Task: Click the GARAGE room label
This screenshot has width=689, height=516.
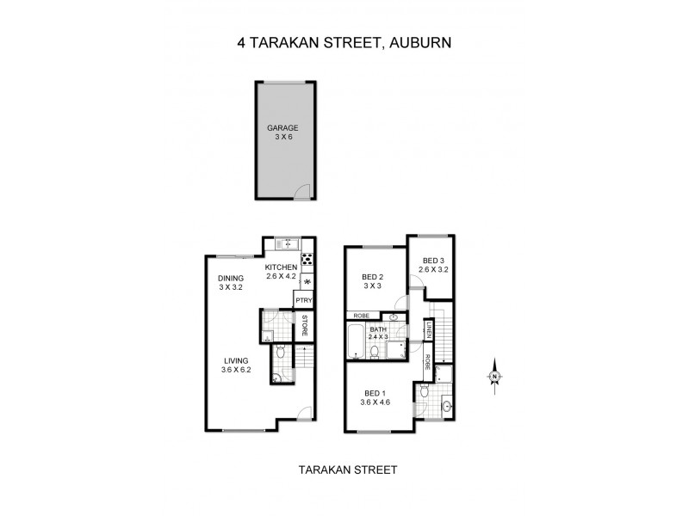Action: click(x=282, y=128)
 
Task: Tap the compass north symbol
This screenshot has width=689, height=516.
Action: click(x=495, y=377)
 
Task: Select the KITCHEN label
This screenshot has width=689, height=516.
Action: click(x=282, y=267)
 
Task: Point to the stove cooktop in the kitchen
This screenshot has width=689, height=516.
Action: click(x=307, y=259)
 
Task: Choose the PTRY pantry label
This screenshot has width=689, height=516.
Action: click(x=303, y=300)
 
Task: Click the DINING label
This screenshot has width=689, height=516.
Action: click(x=231, y=278)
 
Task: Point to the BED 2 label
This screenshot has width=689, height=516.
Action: click(x=372, y=276)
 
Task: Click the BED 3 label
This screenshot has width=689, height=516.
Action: click(x=432, y=261)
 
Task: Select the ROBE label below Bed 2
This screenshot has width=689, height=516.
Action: click(x=362, y=316)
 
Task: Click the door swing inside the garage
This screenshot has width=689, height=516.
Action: click(x=300, y=193)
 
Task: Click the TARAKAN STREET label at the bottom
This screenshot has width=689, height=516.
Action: click(x=347, y=470)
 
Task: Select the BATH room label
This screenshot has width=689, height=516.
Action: click(x=378, y=329)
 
